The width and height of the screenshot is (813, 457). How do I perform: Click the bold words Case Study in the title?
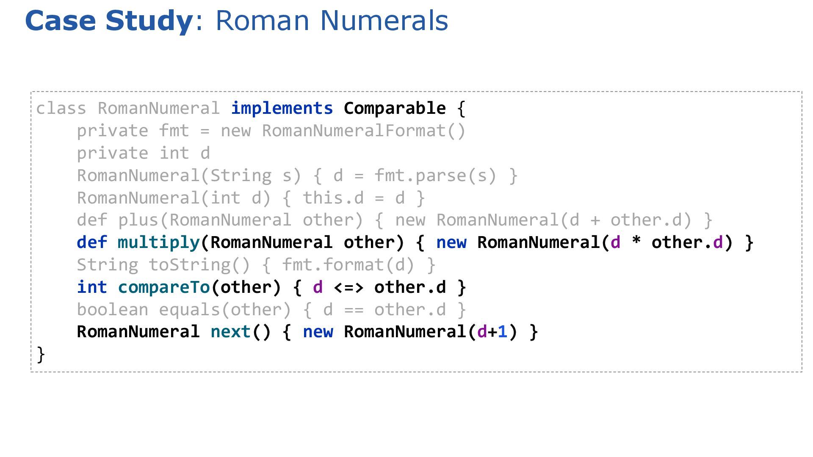click(x=108, y=20)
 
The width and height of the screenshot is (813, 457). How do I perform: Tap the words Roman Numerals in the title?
click(x=332, y=20)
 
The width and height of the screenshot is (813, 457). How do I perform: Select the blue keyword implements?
click(x=282, y=108)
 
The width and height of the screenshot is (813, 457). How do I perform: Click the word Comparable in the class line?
click(x=395, y=108)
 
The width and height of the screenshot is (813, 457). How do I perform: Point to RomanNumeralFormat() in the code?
click(x=364, y=131)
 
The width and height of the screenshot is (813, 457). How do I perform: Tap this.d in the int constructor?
click(x=333, y=198)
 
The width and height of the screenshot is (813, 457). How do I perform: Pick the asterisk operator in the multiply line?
click(x=636, y=242)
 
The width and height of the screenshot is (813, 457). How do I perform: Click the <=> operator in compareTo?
click(x=348, y=287)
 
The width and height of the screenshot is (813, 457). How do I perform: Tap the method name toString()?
click(x=199, y=265)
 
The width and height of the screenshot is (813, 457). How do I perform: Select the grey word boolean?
click(x=112, y=310)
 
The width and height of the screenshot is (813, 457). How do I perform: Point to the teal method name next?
click(x=231, y=332)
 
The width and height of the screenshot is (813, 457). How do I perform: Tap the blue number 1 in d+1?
click(x=503, y=332)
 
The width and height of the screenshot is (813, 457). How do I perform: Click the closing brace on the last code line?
click(x=41, y=355)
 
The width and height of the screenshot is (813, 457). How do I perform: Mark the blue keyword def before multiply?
click(x=92, y=242)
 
